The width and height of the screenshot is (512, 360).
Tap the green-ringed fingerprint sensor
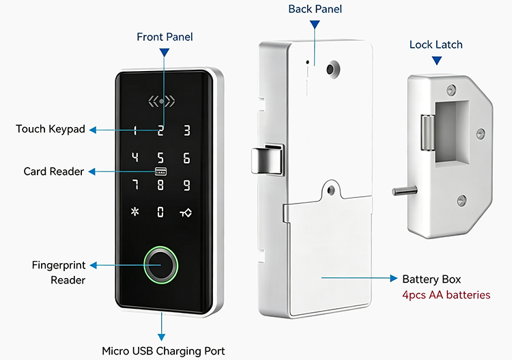160,264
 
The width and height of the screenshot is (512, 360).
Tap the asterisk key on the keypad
135,212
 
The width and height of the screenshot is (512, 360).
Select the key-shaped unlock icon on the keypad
186,212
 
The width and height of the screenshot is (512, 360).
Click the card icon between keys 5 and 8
160,171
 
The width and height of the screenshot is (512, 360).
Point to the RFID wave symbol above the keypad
161,101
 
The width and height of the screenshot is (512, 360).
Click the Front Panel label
165,37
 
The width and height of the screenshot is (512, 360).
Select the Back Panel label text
315,9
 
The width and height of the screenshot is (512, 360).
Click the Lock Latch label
436,45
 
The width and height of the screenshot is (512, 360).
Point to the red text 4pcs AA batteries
446,295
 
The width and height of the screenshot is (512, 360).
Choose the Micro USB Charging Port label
163,351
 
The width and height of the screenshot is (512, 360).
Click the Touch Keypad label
51,129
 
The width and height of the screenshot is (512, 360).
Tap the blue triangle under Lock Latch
437,60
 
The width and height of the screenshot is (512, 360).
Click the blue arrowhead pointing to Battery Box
394,278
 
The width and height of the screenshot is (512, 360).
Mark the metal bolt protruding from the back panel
266,159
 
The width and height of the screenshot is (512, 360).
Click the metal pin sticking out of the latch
405,191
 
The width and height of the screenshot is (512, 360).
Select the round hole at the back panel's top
333,69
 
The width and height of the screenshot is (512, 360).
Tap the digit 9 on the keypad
186,185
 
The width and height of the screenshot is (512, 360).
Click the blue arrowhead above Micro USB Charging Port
161,337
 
